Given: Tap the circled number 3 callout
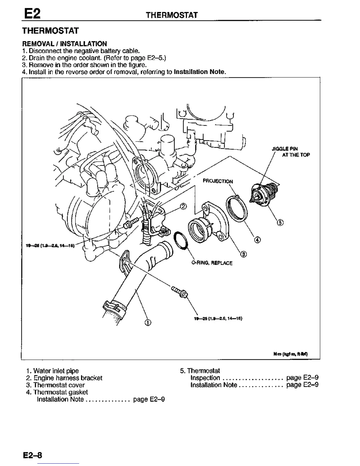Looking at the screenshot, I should pos(244,254).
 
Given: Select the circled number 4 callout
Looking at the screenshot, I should pos(258,240).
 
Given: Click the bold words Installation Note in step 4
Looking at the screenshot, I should pos(200,72).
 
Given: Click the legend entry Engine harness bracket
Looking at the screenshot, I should pos(68,378).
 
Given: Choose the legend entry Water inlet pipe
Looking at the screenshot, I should pos(56,371).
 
